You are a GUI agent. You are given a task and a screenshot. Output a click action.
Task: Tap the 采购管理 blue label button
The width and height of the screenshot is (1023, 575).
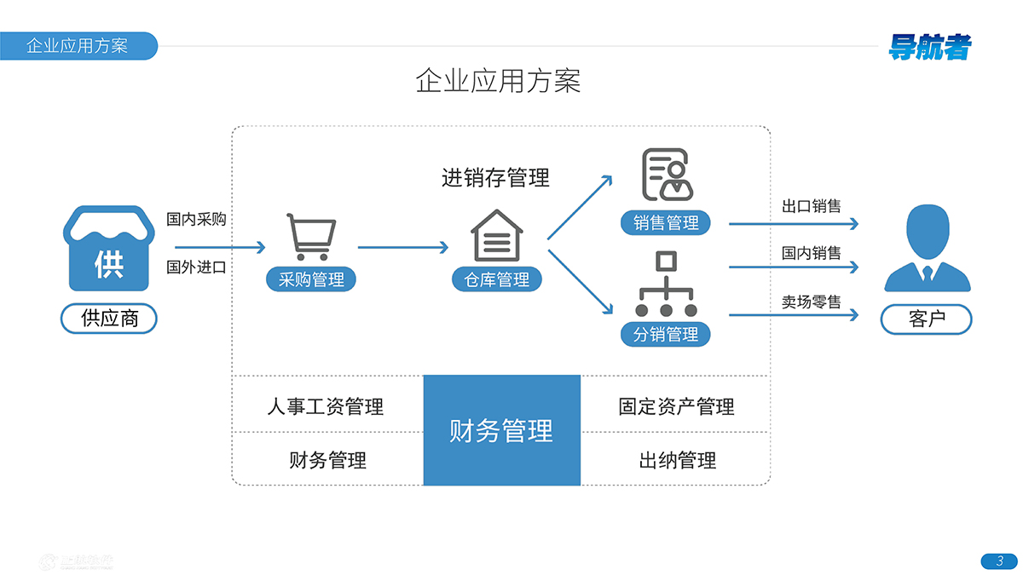click(x=311, y=279)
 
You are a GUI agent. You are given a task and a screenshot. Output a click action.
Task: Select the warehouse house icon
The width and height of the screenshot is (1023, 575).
click(x=497, y=236)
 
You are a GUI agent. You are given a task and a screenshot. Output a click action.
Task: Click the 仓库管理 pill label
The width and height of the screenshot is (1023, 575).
click(x=497, y=279)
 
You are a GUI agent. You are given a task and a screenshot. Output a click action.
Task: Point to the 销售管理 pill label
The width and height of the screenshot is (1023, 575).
click(x=666, y=223)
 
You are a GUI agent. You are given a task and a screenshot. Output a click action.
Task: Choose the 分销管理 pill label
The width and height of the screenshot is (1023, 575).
click(x=666, y=334)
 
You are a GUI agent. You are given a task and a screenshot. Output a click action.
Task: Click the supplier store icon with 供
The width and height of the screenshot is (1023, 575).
click(x=108, y=248)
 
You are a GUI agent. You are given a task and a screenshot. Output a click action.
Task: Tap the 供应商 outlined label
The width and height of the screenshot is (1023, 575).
click(x=109, y=319)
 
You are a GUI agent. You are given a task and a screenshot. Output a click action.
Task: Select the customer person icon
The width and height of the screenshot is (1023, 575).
click(x=928, y=248)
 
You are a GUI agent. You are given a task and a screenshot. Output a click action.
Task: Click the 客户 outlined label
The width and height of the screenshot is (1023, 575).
click(x=927, y=319)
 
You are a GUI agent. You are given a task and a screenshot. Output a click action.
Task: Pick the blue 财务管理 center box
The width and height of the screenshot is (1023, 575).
click(x=501, y=430)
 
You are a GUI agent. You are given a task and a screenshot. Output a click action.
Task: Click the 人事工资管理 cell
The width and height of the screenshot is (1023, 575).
click(x=326, y=406)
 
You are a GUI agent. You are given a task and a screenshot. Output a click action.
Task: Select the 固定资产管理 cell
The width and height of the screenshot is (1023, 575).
click(x=676, y=406)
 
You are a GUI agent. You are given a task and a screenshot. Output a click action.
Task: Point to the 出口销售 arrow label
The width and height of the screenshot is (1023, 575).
click(x=812, y=206)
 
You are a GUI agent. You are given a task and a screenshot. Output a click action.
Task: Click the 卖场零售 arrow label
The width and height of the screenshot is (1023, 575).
click(x=812, y=302)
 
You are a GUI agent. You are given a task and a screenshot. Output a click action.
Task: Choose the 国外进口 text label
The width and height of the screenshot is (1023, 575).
click(x=196, y=267)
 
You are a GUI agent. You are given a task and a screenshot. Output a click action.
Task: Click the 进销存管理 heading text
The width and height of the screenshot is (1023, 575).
click(x=495, y=177)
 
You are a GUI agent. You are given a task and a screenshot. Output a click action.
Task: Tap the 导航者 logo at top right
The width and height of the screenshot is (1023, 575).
click(x=929, y=47)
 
